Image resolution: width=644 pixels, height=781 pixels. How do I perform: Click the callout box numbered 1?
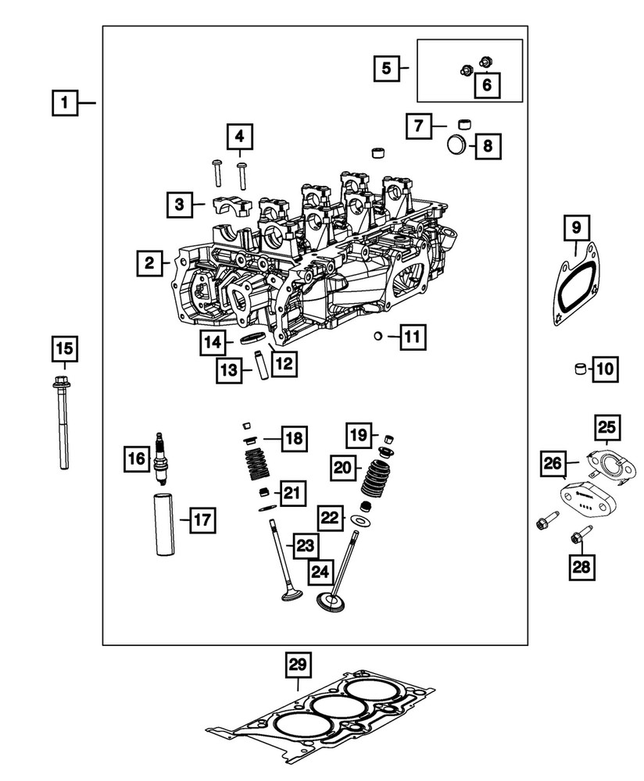point(66,102)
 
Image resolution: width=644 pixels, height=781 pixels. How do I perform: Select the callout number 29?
point(296,665)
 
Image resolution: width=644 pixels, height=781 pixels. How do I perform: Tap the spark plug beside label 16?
point(161,459)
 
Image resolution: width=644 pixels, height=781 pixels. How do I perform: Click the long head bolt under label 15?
point(62,426)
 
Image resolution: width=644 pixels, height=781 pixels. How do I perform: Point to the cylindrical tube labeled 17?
point(166,524)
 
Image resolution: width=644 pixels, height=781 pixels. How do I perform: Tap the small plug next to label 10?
point(580,369)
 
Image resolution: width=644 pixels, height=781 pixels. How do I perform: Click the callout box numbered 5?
point(386,68)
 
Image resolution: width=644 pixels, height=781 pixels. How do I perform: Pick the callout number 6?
point(486,84)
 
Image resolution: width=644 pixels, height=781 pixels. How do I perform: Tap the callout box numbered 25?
point(607,426)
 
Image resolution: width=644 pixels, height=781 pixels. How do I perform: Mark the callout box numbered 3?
point(179,205)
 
